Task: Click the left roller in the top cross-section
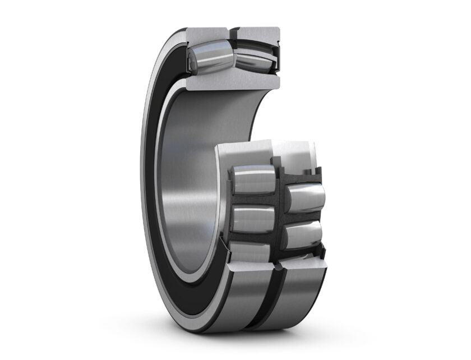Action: [x=209, y=57]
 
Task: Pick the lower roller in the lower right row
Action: [x=303, y=234]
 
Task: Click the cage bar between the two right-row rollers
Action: [x=303, y=216]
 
